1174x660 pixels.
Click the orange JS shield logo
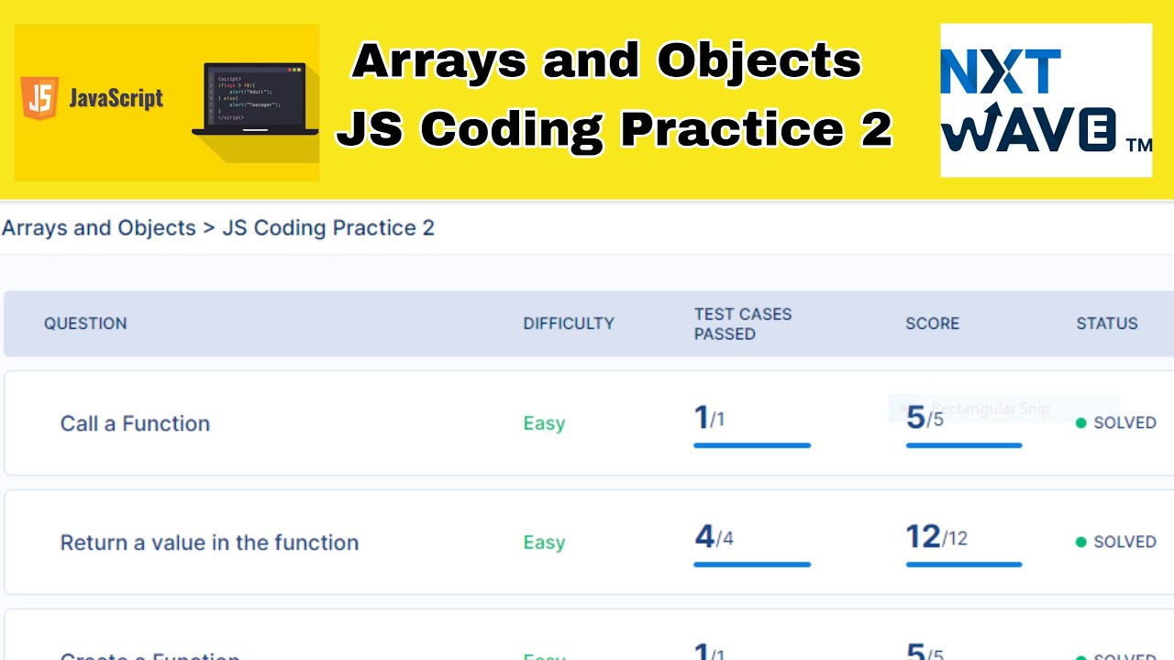(40, 98)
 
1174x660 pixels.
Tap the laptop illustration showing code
(256, 100)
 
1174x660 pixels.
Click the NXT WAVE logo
(1046, 101)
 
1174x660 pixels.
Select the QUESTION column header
(85, 324)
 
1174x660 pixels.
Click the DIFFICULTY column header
(569, 324)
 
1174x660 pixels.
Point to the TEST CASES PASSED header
(742, 324)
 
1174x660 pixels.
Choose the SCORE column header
(932, 324)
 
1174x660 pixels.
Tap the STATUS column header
(1106, 324)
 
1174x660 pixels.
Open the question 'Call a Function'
(135, 423)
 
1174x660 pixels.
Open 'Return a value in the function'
(209, 543)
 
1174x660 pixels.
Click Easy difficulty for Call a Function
(544, 423)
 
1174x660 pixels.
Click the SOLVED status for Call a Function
(1124, 423)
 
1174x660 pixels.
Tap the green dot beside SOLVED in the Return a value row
(1080, 542)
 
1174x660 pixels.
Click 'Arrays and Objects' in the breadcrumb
(99, 228)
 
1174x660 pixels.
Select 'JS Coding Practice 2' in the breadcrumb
(328, 228)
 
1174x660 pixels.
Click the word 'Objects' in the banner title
(759, 62)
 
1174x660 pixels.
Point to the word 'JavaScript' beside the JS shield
(116, 99)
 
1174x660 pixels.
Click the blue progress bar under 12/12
(963, 565)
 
